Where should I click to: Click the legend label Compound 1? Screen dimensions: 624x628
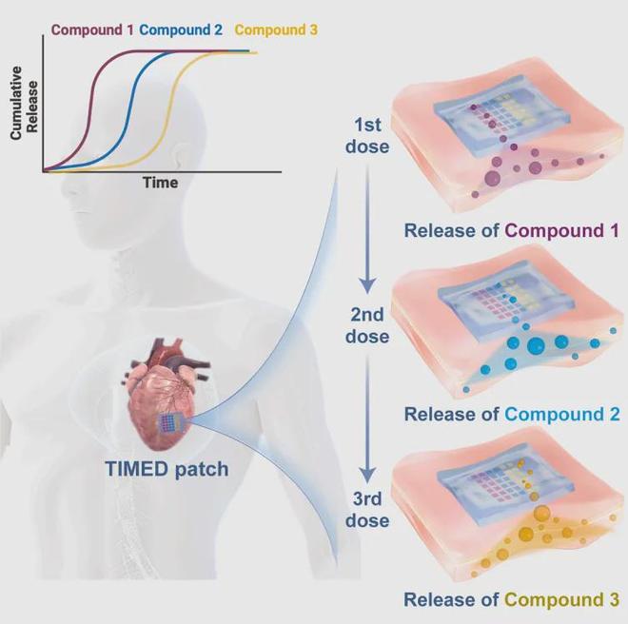pyautogui.click(x=93, y=29)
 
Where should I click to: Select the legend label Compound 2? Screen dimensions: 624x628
pyautogui.click(x=181, y=29)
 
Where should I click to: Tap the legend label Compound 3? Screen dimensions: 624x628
pyautogui.click(x=275, y=29)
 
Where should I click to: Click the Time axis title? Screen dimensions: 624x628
pyautogui.click(x=161, y=183)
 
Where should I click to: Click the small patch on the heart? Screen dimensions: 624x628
pyautogui.click(x=168, y=421)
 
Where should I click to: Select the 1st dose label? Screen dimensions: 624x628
pyautogui.click(x=370, y=137)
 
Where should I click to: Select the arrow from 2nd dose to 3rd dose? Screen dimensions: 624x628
pyautogui.click(x=370, y=419)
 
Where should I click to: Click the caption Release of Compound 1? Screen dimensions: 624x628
pyautogui.click(x=512, y=230)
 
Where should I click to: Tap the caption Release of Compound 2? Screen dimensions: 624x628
pyautogui.click(x=512, y=415)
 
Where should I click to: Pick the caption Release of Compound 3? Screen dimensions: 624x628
pyautogui.click(x=512, y=599)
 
